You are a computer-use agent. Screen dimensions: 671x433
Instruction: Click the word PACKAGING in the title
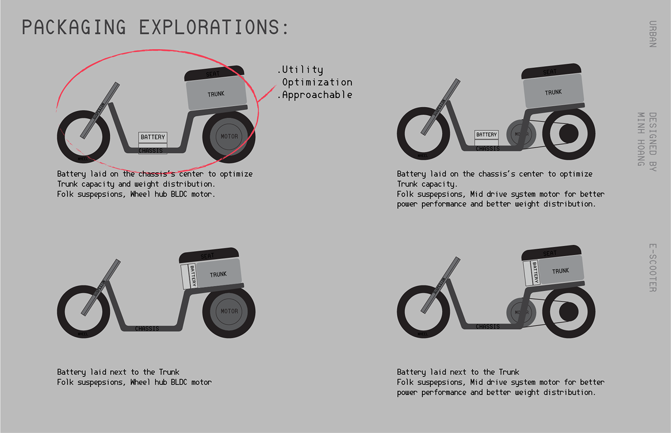click(x=74, y=27)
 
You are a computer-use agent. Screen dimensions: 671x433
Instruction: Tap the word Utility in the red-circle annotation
click(x=302, y=70)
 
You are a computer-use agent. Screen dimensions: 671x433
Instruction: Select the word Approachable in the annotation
click(x=317, y=95)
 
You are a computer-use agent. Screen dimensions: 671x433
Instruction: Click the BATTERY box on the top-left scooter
click(x=153, y=137)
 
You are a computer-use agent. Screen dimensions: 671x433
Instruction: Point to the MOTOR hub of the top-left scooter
click(x=229, y=137)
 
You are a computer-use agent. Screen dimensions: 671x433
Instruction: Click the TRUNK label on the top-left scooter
click(x=216, y=94)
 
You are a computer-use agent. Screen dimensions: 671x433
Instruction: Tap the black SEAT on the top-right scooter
click(x=550, y=72)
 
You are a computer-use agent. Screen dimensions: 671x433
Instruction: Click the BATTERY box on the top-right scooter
click(x=486, y=135)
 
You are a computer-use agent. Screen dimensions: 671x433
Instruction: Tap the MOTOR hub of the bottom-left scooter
click(x=229, y=311)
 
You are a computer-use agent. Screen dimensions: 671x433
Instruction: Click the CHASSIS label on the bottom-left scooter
click(x=147, y=329)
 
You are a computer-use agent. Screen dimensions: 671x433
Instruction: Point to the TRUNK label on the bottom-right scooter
click(x=560, y=271)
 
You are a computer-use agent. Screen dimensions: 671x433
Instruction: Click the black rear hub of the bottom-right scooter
click(x=568, y=312)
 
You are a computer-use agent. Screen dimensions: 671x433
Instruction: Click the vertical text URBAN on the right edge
click(x=652, y=34)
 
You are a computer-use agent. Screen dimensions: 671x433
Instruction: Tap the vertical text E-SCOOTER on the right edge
click(x=652, y=268)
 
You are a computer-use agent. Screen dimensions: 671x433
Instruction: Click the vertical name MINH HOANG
click(x=641, y=139)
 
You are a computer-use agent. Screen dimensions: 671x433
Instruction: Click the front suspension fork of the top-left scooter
click(x=100, y=110)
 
